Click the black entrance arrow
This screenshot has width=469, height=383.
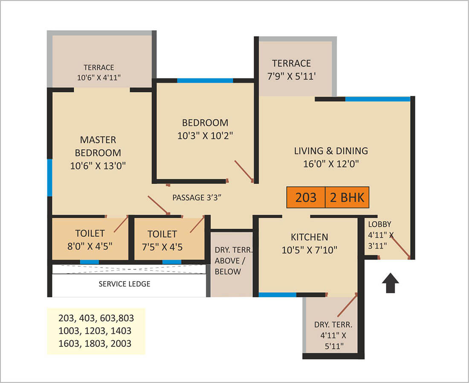click(x=390, y=283)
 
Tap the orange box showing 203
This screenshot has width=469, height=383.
click(x=306, y=197)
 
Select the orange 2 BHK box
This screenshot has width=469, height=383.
click(x=347, y=197)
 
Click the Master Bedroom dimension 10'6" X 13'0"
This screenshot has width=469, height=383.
click(x=98, y=166)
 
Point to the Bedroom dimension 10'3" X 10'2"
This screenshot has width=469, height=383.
click(x=205, y=136)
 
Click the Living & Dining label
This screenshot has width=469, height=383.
click(x=331, y=151)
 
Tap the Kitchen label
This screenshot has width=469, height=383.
click(x=310, y=237)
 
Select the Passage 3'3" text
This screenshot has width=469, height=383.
click(x=197, y=198)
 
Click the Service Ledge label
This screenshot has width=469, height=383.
click(x=124, y=284)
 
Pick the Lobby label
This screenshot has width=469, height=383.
click(x=379, y=224)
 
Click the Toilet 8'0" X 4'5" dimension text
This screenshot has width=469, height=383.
click(x=90, y=246)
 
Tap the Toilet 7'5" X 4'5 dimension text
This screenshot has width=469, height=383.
click(x=162, y=247)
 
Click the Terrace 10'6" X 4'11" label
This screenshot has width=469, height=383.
click(x=99, y=73)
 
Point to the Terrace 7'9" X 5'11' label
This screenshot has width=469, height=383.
click(x=292, y=70)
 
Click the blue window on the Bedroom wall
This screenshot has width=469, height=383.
click(x=205, y=81)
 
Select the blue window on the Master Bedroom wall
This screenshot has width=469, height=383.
click(x=49, y=178)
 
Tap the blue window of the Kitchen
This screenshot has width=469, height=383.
click(x=277, y=295)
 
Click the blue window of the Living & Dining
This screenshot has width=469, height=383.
click(x=377, y=99)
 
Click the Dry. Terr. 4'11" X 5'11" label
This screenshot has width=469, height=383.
click(x=333, y=335)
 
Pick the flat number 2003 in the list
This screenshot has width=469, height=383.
click(x=121, y=343)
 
